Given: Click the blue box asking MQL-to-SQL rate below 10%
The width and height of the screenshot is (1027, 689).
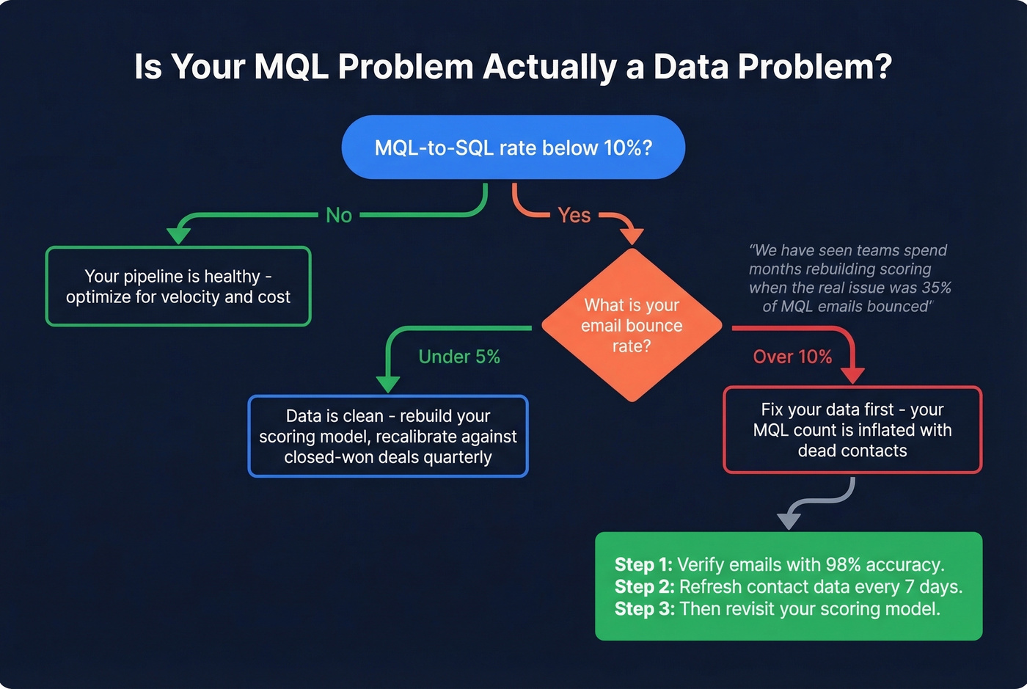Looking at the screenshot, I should coord(513,147).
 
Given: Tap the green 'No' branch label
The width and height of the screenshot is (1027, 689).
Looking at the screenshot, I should coord(339,215).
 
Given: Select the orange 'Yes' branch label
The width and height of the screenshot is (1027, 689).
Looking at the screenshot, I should coord(574,215).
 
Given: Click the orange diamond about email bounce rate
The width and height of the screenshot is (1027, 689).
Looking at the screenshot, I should coord(632,325).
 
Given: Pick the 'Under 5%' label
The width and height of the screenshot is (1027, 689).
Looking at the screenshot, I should coord(459,357).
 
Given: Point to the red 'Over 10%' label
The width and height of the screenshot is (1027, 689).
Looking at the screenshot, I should coord(792,357).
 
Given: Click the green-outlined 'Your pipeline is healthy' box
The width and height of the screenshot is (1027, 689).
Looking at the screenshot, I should coord(178,286).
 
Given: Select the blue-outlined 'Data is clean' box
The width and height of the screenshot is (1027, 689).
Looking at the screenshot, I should coord(388,436).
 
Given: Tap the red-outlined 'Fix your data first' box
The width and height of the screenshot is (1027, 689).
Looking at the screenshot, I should coord(852,430).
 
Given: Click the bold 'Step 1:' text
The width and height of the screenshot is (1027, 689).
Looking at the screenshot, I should coord(643,564).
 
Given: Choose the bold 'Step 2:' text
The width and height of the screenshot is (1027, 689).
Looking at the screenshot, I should coord(644,586).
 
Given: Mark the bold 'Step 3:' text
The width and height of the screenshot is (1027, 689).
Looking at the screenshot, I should coord(644,608).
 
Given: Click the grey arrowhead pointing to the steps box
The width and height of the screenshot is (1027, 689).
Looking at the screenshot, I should coord(789,520).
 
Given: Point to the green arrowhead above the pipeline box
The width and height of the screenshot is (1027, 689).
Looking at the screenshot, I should coord(178,236).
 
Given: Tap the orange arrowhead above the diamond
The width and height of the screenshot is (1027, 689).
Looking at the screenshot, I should coord(632,236).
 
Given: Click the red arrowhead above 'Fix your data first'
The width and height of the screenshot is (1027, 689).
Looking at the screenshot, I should coord(852,375).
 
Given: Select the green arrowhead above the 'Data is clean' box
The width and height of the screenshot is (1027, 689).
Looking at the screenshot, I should coord(388,384).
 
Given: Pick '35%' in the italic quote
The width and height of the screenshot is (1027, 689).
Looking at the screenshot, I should coord(936,288).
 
